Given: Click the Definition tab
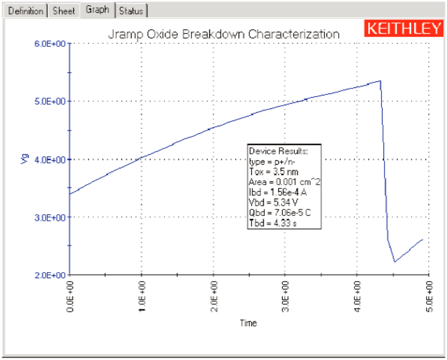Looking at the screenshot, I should point(26,11).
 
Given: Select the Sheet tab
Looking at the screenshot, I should point(64,11).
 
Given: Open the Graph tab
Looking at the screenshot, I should point(97,10).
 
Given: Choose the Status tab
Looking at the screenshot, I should point(131,11).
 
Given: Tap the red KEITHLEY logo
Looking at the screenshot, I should point(404,29).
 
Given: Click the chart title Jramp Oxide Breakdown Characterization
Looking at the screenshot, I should point(223,34).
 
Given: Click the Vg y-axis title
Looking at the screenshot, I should point(25,159).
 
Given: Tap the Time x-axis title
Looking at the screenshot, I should point(248,323).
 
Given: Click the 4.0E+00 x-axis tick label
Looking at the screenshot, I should point(357,296).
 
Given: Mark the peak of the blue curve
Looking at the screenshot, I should point(381,81).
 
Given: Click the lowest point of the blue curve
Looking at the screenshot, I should point(395,262).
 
